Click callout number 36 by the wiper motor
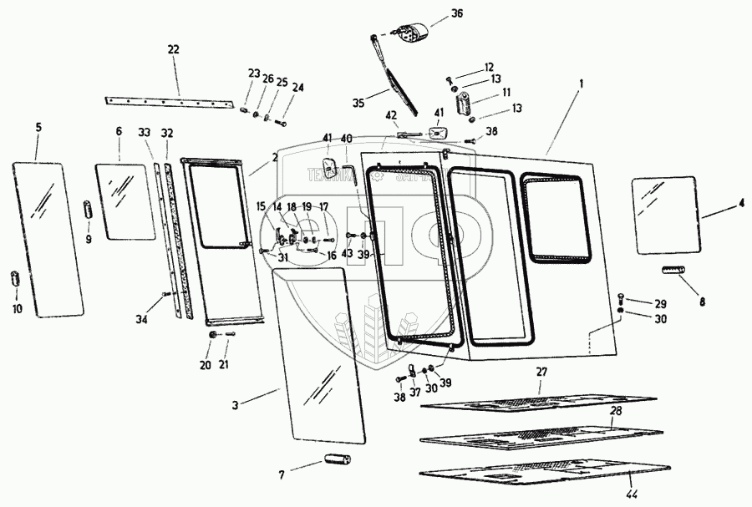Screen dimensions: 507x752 point(455,13)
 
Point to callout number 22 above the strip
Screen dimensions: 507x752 point(173,49)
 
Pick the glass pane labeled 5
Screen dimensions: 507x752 point(48,238)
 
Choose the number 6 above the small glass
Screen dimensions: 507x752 point(119,132)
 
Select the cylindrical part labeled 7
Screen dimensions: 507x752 point(338,460)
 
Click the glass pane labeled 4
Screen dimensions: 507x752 point(666,214)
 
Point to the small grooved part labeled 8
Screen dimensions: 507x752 point(673,270)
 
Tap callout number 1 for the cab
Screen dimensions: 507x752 point(582,84)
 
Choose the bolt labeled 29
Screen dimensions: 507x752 point(622,300)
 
